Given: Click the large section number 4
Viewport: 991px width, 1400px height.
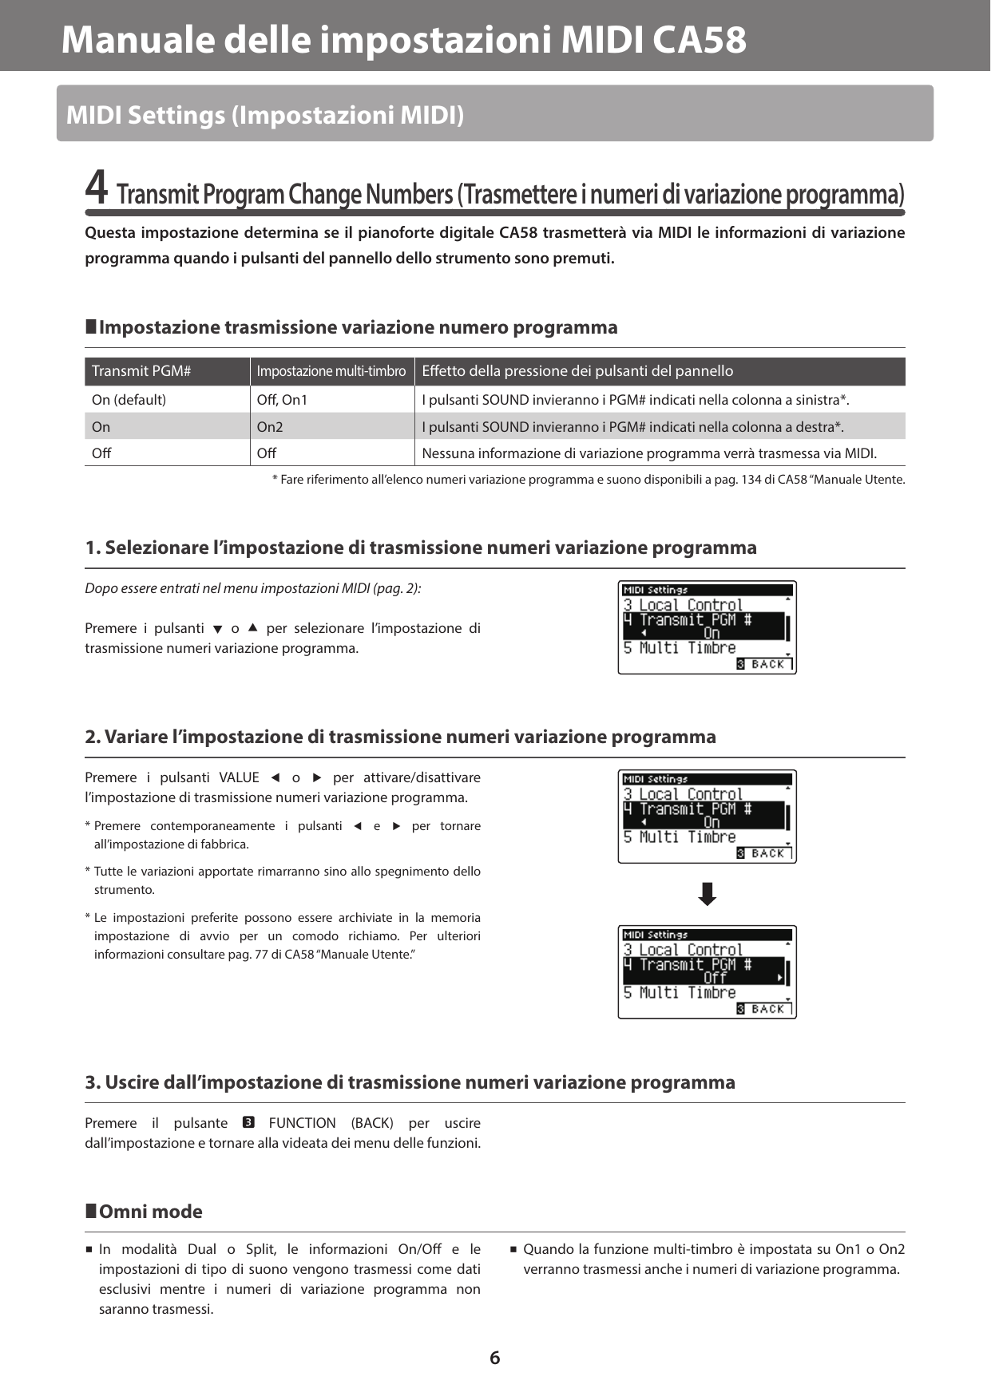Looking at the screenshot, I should pos(96,188).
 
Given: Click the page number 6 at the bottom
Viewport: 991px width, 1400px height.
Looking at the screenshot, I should pos(494,1358).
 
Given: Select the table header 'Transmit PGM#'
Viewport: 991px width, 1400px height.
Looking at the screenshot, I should pos(141,371).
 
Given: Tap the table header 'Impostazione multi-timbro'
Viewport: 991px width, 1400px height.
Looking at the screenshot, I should pos(331,371).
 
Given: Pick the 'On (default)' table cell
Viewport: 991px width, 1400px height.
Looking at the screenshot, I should pos(129,400).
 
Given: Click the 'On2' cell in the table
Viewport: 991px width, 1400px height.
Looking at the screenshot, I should pos(270,427).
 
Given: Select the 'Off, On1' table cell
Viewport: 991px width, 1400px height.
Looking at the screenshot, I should pos(282,400).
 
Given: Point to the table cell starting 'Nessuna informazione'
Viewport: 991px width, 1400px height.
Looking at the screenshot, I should pos(648,453).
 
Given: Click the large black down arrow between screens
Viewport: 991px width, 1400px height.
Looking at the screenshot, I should pos(707,894).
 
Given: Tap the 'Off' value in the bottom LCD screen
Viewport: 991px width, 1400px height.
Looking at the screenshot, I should pos(715,978).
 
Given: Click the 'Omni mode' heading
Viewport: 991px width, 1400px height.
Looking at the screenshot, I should pos(150,1212).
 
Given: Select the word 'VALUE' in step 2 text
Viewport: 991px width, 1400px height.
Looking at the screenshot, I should pos(239,777).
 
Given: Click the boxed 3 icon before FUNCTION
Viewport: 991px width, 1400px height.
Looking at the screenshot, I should pos(248,1123).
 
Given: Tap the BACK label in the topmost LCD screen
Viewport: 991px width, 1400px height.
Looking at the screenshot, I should pos(767,664).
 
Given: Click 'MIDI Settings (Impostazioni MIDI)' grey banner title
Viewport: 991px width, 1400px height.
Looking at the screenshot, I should pos(264,115).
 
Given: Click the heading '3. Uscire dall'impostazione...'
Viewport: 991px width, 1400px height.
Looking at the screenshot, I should pos(410,1082).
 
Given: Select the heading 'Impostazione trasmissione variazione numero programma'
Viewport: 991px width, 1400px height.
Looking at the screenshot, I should pos(357,327).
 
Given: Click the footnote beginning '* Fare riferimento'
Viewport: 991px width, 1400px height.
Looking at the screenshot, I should pos(589,480).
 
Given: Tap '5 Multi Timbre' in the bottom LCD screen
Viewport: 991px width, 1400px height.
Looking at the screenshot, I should pos(680,993).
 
